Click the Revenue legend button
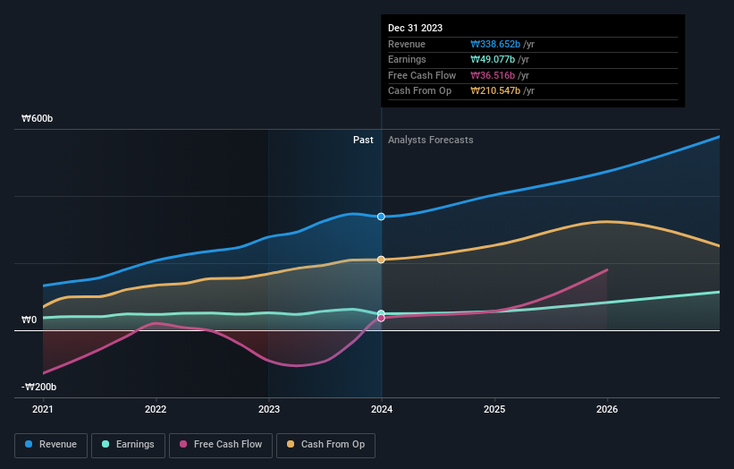click(51, 444)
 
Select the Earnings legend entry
click(127, 444)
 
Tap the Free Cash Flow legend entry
click(220, 444)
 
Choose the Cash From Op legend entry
click(326, 444)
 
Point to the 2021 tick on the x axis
click(43, 409)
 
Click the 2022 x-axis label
click(156, 409)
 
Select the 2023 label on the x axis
click(268, 409)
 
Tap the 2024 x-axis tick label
click(382, 409)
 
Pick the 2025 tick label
click(494, 409)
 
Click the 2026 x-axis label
click(607, 409)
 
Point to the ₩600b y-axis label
click(38, 119)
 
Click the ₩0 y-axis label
click(30, 320)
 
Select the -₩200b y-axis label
click(40, 387)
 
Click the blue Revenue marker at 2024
click(382, 217)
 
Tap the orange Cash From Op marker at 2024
click(382, 260)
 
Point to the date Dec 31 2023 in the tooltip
click(415, 28)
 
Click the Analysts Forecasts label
click(430, 140)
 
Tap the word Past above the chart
click(363, 140)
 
